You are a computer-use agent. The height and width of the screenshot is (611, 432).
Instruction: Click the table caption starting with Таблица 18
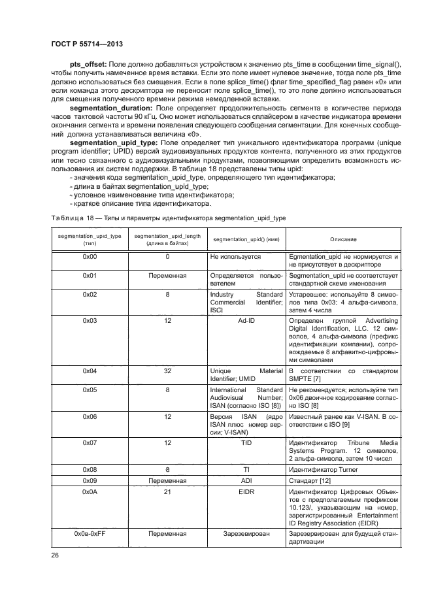tap(168, 217)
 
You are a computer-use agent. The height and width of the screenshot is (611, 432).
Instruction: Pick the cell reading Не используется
tap(235, 257)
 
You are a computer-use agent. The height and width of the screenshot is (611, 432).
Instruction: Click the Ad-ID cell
tap(246, 321)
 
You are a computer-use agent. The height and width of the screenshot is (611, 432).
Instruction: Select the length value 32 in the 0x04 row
tap(167, 371)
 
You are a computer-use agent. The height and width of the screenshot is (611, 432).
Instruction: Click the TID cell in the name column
tap(246, 443)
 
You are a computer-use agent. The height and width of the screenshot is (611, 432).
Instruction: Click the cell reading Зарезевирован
tap(246, 534)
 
